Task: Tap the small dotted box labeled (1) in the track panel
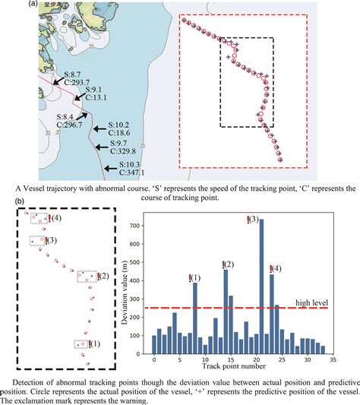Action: click(82, 344)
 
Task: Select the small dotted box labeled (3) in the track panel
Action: click(36, 241)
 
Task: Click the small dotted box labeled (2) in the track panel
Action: click(87, 276)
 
